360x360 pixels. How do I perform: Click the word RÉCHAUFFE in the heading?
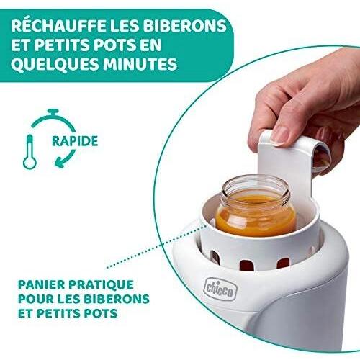[58, 26]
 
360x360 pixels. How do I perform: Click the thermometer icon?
[30, 149]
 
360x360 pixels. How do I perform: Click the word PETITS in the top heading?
[73, 45]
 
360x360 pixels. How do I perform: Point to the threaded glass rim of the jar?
[256, 185]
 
